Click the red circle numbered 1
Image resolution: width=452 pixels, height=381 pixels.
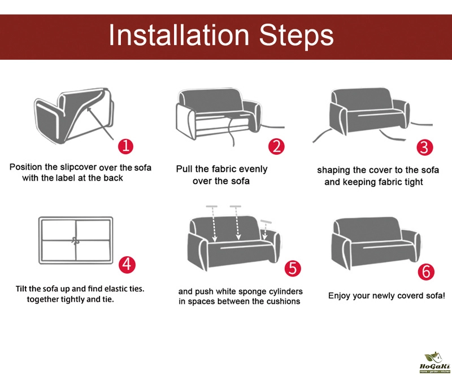(x=125, y=146)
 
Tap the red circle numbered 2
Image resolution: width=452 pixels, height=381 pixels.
(x=276, y=147)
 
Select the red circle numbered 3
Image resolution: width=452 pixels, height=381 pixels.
(x=425, y=147)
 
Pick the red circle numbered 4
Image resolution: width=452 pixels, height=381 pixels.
(x=127, y=264)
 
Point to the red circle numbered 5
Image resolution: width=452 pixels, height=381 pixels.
(x=293, y=269)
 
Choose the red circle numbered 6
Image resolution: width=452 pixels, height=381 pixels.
(x=426, y=272)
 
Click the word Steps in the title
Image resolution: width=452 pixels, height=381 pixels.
(x=296, y=36)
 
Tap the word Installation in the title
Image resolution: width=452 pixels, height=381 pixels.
(x=179, y=35)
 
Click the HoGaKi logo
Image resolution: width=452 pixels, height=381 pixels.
(x=435, y=362)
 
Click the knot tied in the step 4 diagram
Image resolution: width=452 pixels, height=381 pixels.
(x=76, y=241)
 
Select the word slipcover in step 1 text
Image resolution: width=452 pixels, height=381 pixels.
(x=78, y=167)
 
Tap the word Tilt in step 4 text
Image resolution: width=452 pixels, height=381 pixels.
(x=21, y=288)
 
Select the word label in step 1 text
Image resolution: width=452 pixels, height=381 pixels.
(x=65, y=178)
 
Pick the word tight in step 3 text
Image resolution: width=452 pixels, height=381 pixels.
(x=413, y=182)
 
